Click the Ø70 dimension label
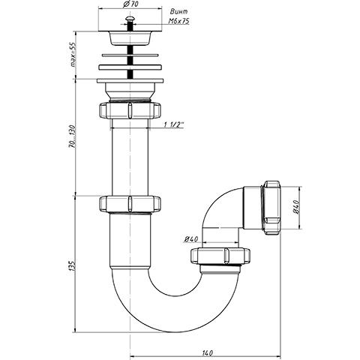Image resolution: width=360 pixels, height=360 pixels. (x=131, y=4)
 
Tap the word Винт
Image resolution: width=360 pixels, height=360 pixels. (x=178, y=11)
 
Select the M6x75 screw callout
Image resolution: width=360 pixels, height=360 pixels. (x=178, y=21)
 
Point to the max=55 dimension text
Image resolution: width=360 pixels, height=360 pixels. (x=73, y=55)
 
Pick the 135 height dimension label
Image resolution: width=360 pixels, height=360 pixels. (x=73, y=266)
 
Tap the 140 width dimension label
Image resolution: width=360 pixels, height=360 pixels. (x=207, y=353)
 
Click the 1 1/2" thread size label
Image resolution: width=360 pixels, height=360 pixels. (x=174, y=124)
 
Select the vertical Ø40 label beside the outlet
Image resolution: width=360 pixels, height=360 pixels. (x=296, y=207)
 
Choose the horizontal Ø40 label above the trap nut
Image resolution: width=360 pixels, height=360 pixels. (x=190, y=239)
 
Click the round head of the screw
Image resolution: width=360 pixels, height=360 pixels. (x=130, y=18)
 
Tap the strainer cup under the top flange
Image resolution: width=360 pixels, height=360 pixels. (x=130, y=39)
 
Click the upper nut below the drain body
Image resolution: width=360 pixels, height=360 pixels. (x=130, y=110)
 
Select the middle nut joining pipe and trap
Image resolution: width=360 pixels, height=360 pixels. (x=130, y=203)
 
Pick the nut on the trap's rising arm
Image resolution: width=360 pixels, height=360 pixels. (x=220, y=256)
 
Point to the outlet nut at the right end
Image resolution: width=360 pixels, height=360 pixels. (x=271, y=208)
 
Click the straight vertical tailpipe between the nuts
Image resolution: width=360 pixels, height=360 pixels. (x=130, y=157)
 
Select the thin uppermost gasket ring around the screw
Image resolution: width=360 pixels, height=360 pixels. (x=130, y=55)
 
